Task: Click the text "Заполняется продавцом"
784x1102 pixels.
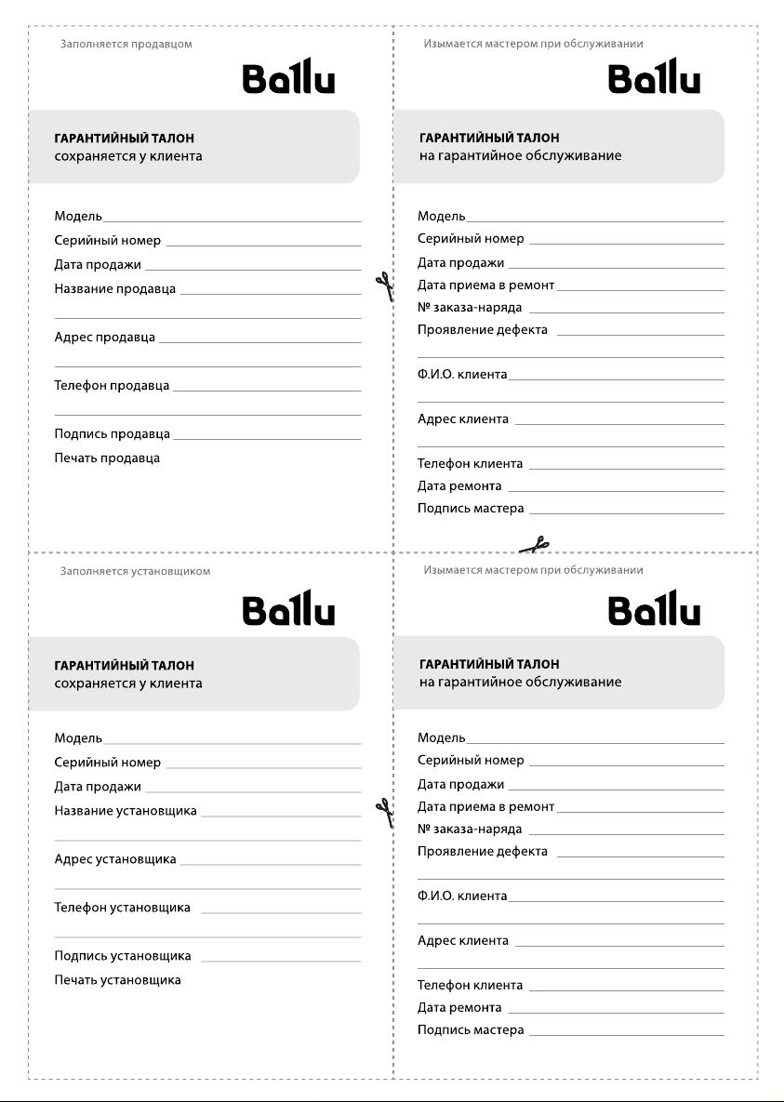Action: [x=126, y=44]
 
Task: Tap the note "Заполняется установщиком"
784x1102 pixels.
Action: [x=136, y=571]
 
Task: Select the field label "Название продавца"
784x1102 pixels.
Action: [x=115, y=289]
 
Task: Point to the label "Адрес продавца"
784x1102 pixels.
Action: [x=105, y=338]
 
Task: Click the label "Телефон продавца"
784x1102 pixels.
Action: [x=113, y=386]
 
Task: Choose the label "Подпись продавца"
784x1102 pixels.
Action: [x=113, y=434]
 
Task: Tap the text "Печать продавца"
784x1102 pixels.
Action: [x=107, y=458]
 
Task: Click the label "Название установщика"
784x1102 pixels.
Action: [x=126, y=811]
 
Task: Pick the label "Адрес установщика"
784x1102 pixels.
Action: [x=115, y=859]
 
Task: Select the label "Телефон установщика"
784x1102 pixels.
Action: [x=123, y=908]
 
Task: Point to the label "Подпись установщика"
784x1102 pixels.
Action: [x=123, y=956]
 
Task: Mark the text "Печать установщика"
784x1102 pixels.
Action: [x=118, y=980]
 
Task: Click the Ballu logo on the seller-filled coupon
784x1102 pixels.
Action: [x=288, y=78]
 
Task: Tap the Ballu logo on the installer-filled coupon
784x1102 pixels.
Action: [x=288, y=610]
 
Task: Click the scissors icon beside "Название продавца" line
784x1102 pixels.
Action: [x=383, y=286]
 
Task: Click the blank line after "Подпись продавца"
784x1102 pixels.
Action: [x=267, y=438]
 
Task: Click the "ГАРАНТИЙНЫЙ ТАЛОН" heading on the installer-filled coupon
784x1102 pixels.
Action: [x=125, y=666]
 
